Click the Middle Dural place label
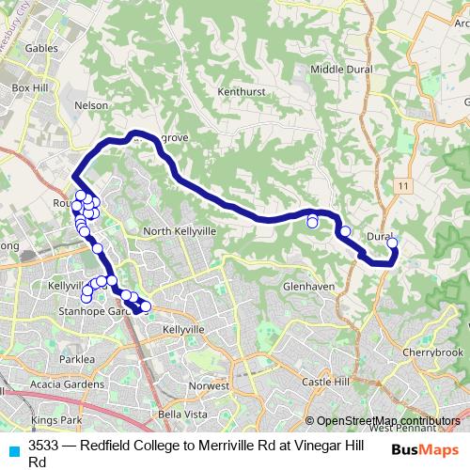341,69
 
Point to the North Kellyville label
180,231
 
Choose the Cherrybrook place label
433,352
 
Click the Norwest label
210,386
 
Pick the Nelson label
91,106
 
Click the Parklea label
77,359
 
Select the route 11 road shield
403,188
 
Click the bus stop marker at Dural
392,243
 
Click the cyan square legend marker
13,450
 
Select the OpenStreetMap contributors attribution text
388,420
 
